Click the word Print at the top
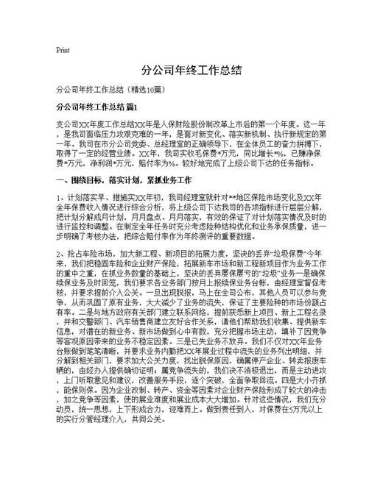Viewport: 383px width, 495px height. tap(63, 51)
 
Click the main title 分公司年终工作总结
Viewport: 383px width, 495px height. tap(191, 71)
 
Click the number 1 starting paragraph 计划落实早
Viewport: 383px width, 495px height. tap(58, 198)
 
